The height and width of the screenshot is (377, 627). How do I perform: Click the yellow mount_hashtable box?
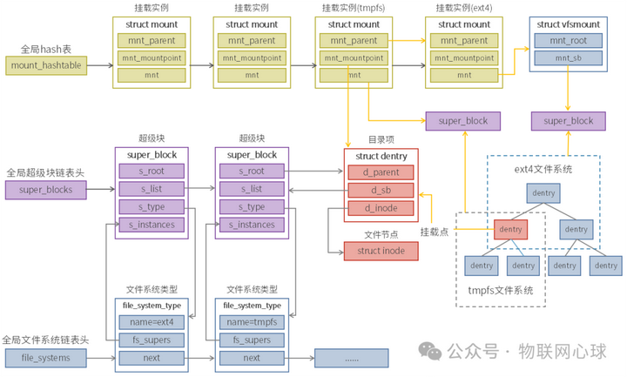point(47,64)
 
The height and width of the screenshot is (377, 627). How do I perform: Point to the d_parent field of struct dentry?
point(381,172)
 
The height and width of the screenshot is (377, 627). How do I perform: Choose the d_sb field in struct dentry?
point(381,189)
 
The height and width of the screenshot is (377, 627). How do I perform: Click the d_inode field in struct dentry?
point(381,206)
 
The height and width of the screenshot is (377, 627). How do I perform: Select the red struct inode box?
point(381,251)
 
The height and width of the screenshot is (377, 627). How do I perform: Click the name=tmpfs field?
point(252,322)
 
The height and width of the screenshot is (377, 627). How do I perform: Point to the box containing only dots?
point(351,357)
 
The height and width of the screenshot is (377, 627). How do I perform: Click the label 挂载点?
point(435,232)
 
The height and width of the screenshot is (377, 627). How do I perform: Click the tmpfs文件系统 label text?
point(500,290)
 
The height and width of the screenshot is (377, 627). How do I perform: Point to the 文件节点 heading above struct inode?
point(381,234)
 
